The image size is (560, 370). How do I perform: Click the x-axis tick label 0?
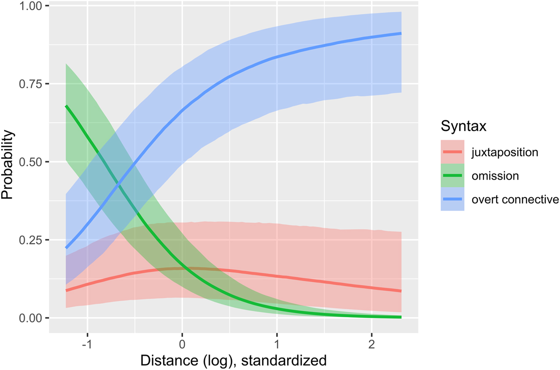coord(182,344)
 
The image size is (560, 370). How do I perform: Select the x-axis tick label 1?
coord(277,344)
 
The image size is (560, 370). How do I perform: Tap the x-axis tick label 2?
coord(372,344)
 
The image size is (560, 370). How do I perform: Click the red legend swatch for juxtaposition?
coord(452,152)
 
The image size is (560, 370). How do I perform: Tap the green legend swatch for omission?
coord(452,176)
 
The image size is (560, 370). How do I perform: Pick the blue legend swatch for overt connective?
coord(452,199)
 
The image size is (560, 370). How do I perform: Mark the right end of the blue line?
coord(401,33)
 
